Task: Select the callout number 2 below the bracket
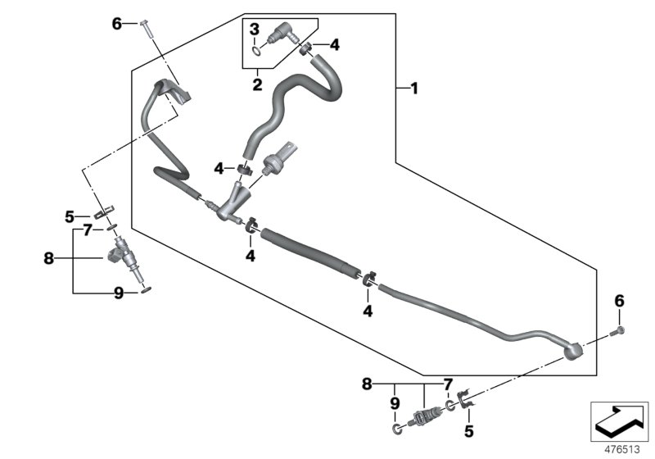click(256, 84)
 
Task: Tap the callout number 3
click(255, 30)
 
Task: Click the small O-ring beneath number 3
click(259, 51)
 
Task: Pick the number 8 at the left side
click(48, 259)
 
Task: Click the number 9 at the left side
click(118, 293)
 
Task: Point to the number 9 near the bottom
click(394, 402)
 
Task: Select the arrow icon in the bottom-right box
click(620, 420)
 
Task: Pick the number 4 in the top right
click(335, 45)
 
